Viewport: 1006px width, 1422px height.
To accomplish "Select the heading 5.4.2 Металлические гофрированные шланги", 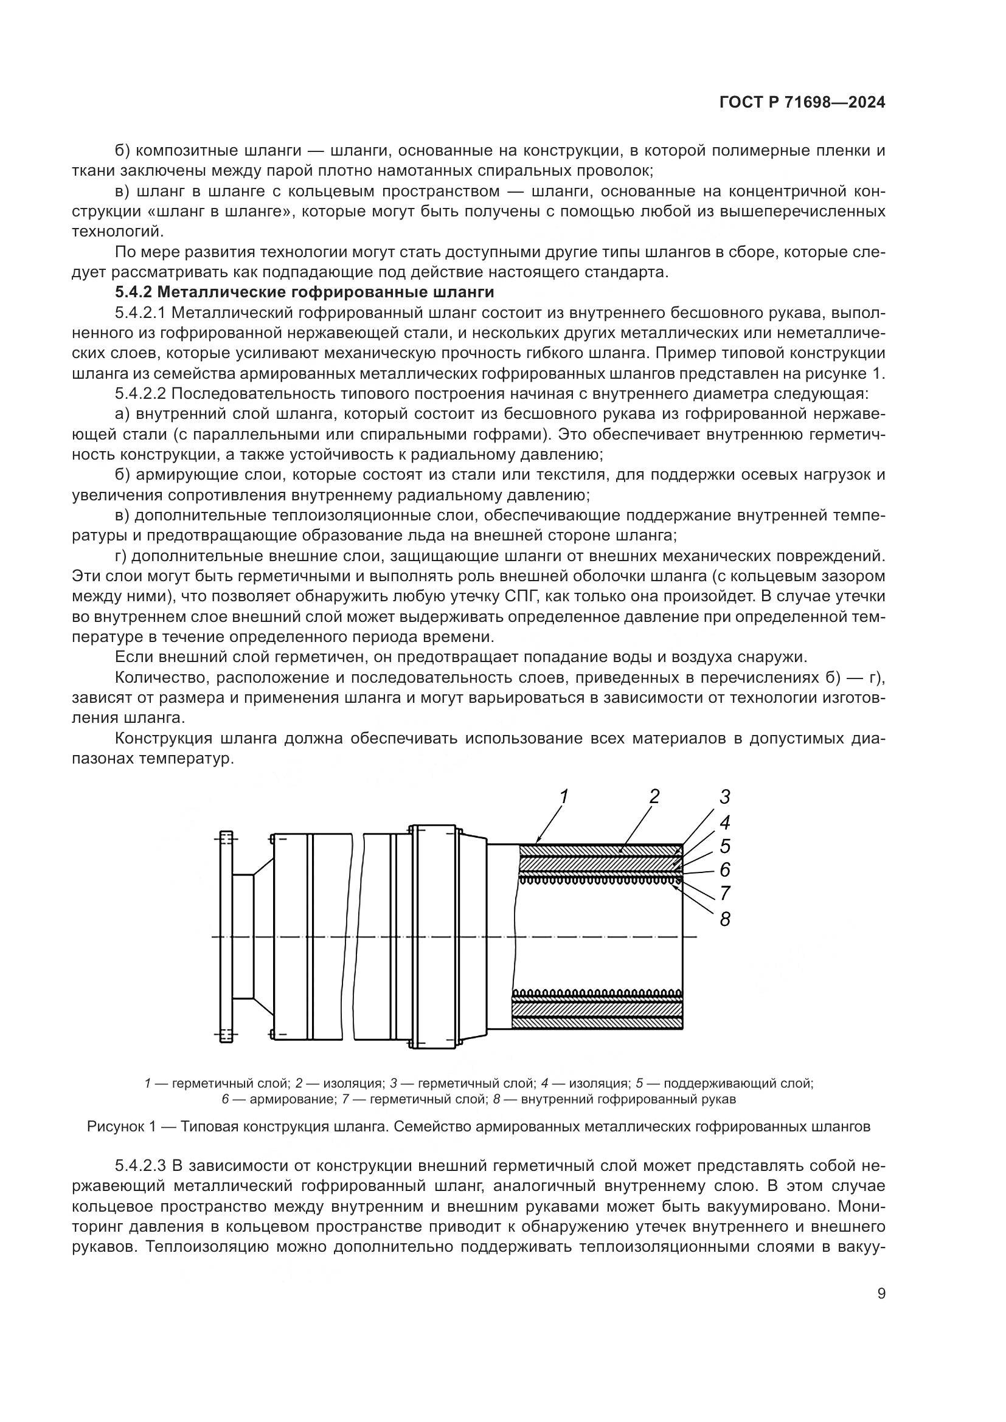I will click(304, 292).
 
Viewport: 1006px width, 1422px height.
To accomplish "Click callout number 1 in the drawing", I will click(564, 796).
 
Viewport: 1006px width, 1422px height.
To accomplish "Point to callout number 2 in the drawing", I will click(654, 796).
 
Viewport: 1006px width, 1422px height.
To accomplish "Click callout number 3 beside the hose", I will click(725, 796).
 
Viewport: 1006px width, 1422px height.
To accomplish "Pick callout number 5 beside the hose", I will click(725, 846).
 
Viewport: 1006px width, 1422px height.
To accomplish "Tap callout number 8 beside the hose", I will click(725, 920).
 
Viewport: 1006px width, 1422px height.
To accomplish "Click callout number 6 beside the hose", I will click(725, 870).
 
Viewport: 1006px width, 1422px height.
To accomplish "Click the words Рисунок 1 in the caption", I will click(121, 1127).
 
